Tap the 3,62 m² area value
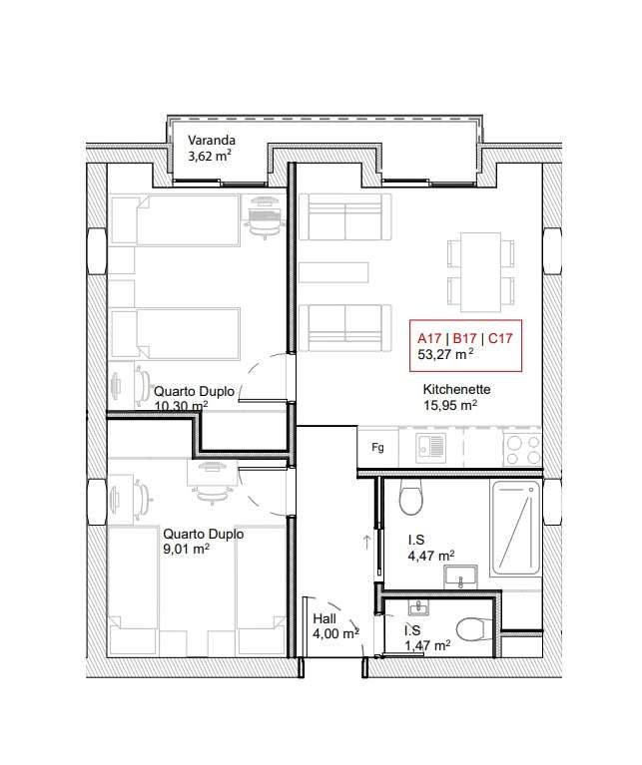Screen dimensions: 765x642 pyautogui.click(x=211, y=157)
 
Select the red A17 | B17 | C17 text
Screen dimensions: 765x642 pyautogui.click(x=465, y=337)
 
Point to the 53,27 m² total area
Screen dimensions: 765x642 pyautogui.click(x=445, y=353)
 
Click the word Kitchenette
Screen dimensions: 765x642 pyautogui.click(x=456, y=389)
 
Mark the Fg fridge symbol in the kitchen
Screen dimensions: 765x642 pyautogui.click(x=377, y=447)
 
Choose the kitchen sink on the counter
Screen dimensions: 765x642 pyautogui.click(x=432, y=448)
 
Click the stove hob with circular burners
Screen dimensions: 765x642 pyautogui.click(x=520, y=447)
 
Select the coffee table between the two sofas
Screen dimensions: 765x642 pyautogui.click(x=333, y=271)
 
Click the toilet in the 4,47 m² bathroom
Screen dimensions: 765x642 pyautogui.click(x=409, y=495)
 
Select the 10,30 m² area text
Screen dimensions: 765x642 pyautogui.click(x=181, y=406)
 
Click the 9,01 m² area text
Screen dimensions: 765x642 pyautogui.click(x=187, y=549)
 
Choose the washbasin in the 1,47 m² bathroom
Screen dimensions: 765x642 pyautogui.click(x=417, y=607)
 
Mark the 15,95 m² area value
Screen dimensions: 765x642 pyautogui.click(x=449, y=406)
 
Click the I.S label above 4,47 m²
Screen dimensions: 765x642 pyautogui.click(x=416, y=540)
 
